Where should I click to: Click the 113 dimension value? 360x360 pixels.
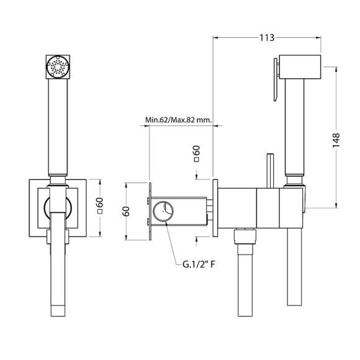click(267, 38)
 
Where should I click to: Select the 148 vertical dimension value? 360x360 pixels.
click(336, 140)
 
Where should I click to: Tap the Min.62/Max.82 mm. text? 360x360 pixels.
click(178, 120)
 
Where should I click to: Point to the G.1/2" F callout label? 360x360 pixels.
click(199, 264)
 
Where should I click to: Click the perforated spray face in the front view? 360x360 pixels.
click(58, 67)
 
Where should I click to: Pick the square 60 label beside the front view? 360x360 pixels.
click(100, 205)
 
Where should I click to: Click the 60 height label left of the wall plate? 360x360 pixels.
click(126, 212)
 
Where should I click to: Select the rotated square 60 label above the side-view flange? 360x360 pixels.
click(197, 154)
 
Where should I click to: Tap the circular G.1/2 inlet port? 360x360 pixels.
click(163, 211)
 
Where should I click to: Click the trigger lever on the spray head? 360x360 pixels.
click(276, 79)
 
